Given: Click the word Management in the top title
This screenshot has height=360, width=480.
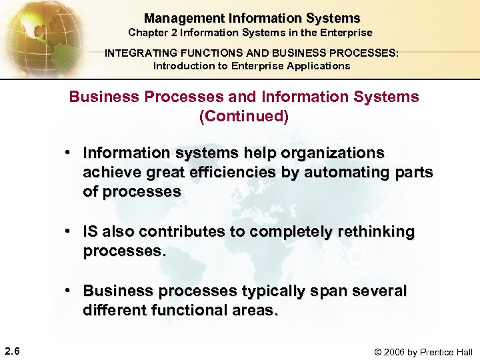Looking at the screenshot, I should (176, 19).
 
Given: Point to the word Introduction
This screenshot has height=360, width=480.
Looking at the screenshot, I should (183, 66).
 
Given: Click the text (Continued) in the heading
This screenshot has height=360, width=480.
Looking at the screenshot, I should (244, 116).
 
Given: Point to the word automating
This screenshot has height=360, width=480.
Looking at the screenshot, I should (343, 172).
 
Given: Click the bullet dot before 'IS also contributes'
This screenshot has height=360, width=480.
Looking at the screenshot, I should (69, 231).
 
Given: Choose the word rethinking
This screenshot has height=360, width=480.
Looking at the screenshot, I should (374, 231).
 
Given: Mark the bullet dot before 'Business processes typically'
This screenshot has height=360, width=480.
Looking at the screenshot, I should (69, 291).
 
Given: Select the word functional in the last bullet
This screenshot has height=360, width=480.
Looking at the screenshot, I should (197, 310).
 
